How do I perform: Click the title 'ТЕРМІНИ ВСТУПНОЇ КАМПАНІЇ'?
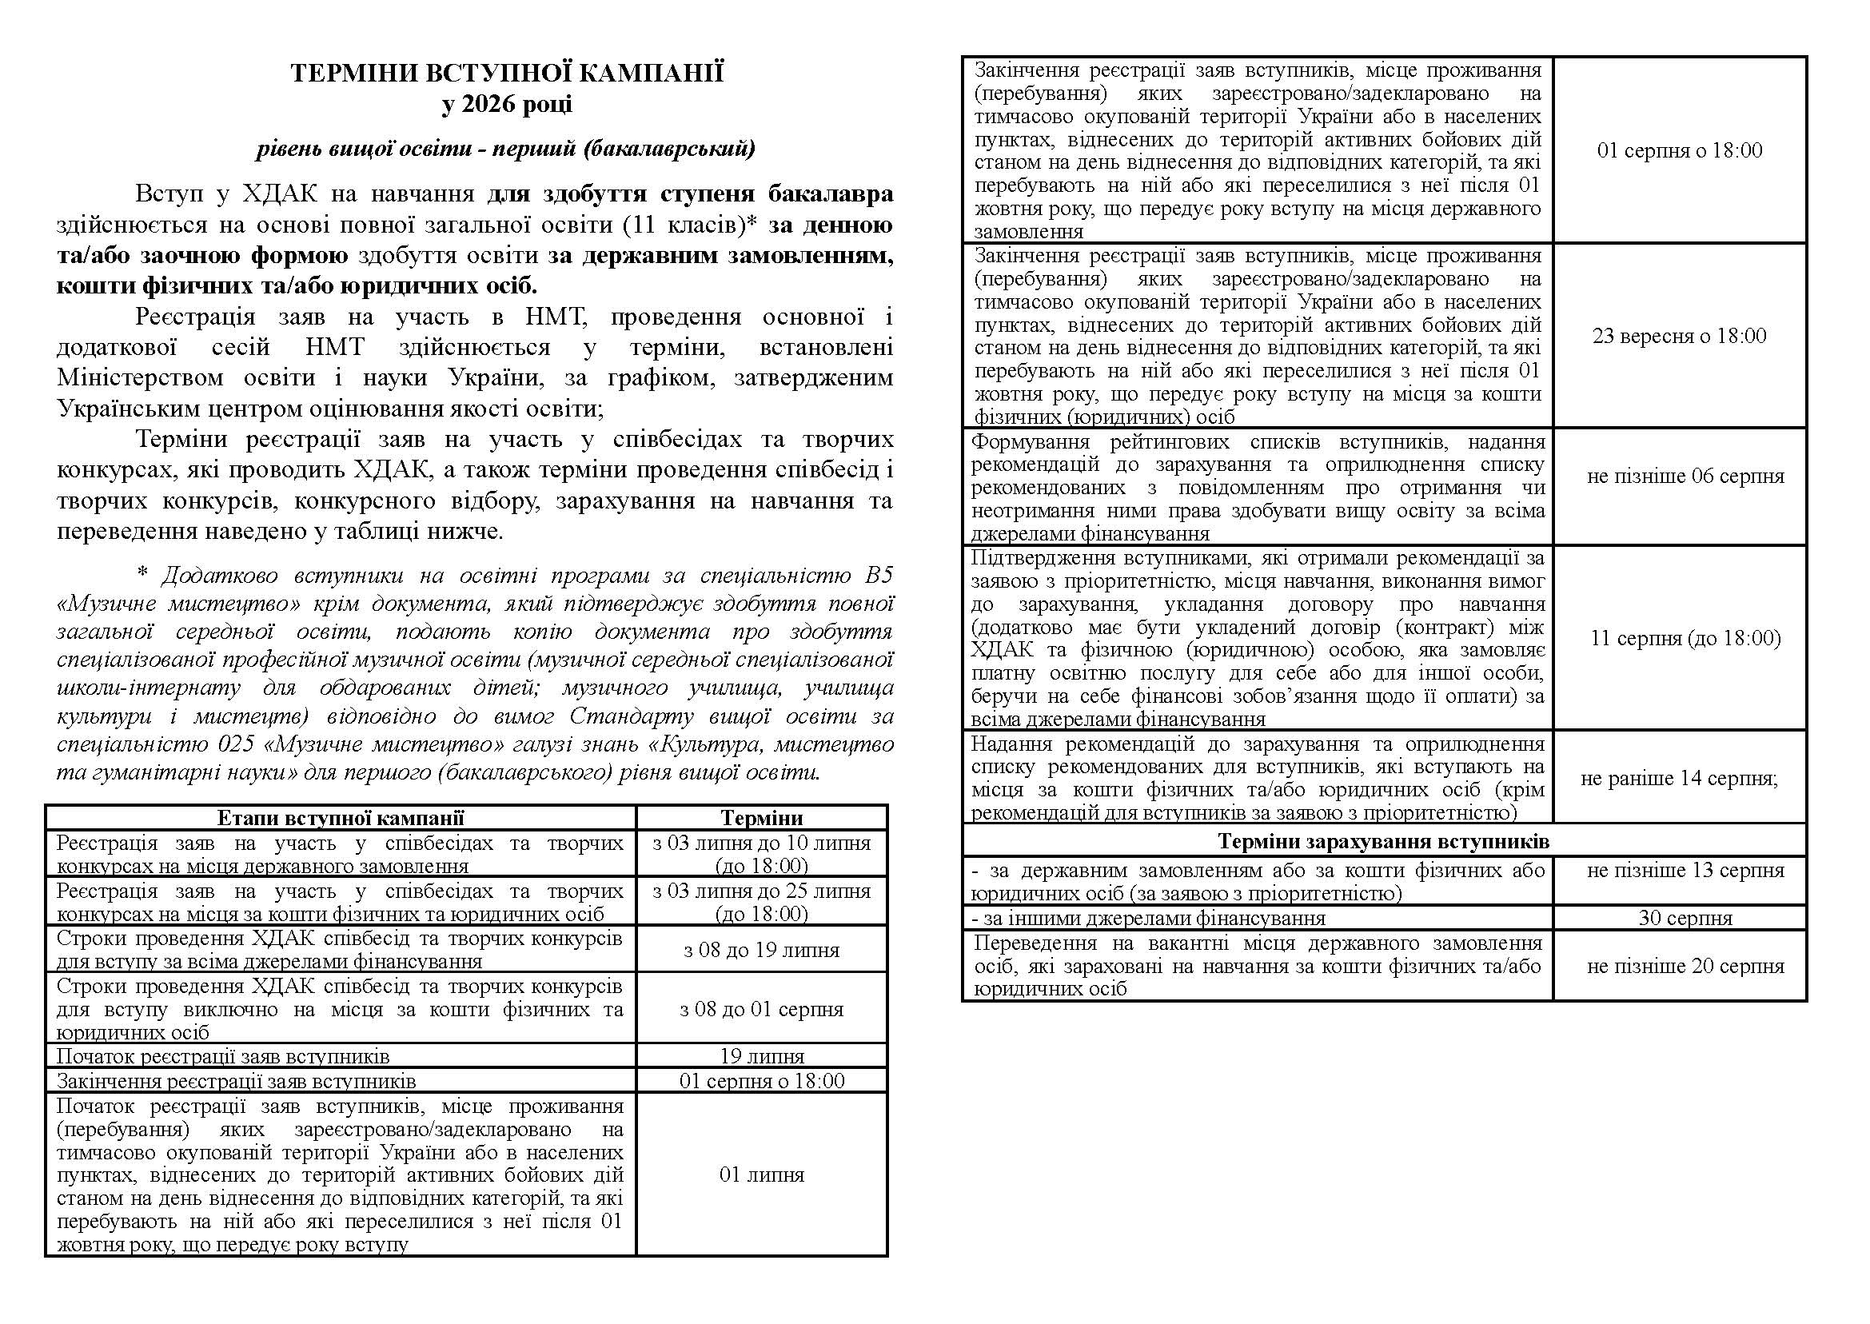pos(507,74)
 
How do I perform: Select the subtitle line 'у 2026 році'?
pos(507,105)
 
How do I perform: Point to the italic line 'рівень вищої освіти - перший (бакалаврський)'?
pos(506,149)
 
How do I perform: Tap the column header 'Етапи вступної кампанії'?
pos(341,818)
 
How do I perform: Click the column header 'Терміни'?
pos(761,818)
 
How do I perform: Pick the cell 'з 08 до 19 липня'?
pos(761,950)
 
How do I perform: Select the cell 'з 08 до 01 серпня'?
pos(761,1009)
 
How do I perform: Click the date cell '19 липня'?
pos(761,1057)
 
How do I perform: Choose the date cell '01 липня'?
pos(761,1174)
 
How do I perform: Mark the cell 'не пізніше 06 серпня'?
pos(1685,477)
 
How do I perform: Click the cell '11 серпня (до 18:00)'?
pos(1685,637)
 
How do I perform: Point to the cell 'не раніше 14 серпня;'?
pos(1679,778)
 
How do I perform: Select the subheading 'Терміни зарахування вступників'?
pos(1383,840)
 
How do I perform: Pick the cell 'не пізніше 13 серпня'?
pos(1685,870)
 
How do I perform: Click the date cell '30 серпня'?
pos(1685,918)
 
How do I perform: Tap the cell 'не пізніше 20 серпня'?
pos(1685,966)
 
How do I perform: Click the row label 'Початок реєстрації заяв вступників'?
pos(223,1057)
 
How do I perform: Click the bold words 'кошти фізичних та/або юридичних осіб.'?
pos(297,286)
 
